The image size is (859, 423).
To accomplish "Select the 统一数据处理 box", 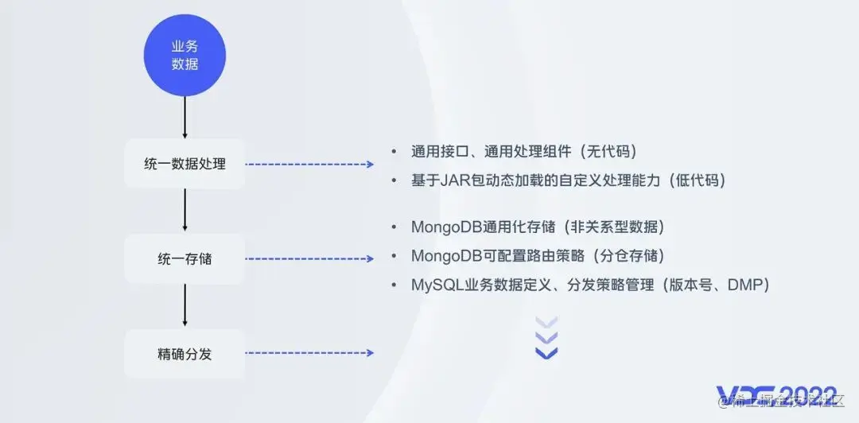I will pyautogui.click(x=185, y=164).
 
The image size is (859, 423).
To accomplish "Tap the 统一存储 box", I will pyautogui.click(x=185, y=258).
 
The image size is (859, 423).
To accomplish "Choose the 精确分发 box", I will pyautogui.click(x=185, y=354).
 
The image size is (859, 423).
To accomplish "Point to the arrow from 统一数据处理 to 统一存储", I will pyautogui.click(x=185, y=211).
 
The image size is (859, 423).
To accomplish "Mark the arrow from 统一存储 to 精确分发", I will pyautogui.click(x=185, y=305).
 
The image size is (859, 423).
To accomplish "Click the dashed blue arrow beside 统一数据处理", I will pyautogui.click(x=309, y=165).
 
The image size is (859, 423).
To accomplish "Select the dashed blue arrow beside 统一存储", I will pyautogui.click(x=309, y=259).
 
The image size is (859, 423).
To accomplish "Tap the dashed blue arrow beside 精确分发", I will pyautogui.click(x=309, y=353).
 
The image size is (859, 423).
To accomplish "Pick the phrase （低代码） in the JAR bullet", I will pyautogui.click(x=697, y=180).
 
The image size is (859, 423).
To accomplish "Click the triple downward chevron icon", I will pyautogui.click(x=546, y=337).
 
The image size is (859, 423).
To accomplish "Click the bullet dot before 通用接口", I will pyautogui.click(x=394, y=151).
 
